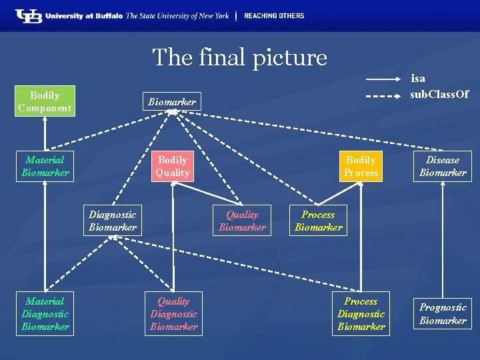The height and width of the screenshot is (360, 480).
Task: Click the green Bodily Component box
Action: tap(45, 101)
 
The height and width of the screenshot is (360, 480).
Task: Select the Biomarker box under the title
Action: tap(171, 101)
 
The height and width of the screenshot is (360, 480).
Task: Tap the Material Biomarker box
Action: tap(45, 166)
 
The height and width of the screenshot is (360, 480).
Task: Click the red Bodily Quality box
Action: tap(172, 166)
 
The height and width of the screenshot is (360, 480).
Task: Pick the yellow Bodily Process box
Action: tap(361, 166)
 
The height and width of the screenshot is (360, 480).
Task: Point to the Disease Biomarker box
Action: tap(443, 166)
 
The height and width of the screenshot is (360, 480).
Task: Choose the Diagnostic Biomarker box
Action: tap(113, 221)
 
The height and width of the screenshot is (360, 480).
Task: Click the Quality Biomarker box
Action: tap(242, 221)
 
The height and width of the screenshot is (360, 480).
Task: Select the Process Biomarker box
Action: tap(318, 221)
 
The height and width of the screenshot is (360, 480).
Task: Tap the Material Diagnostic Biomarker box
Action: tap(45, 314)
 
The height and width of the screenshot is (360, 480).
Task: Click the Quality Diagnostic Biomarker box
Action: tap(173, 314)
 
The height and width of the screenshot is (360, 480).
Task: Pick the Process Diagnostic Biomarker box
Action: tap(361, 314)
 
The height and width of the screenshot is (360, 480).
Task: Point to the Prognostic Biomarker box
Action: tap(443, 314)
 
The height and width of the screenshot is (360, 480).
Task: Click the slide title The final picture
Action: tap(239, 57)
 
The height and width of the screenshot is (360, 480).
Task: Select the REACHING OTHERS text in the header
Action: tap(274, 16)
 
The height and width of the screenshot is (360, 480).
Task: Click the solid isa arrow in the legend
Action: tap(383, 80)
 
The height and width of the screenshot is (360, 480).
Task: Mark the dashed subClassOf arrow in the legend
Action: tap(383, 95)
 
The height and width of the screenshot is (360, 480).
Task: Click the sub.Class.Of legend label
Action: tap(439, 94)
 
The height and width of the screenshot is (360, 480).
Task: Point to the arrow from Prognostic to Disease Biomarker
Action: tap(443, 240)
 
